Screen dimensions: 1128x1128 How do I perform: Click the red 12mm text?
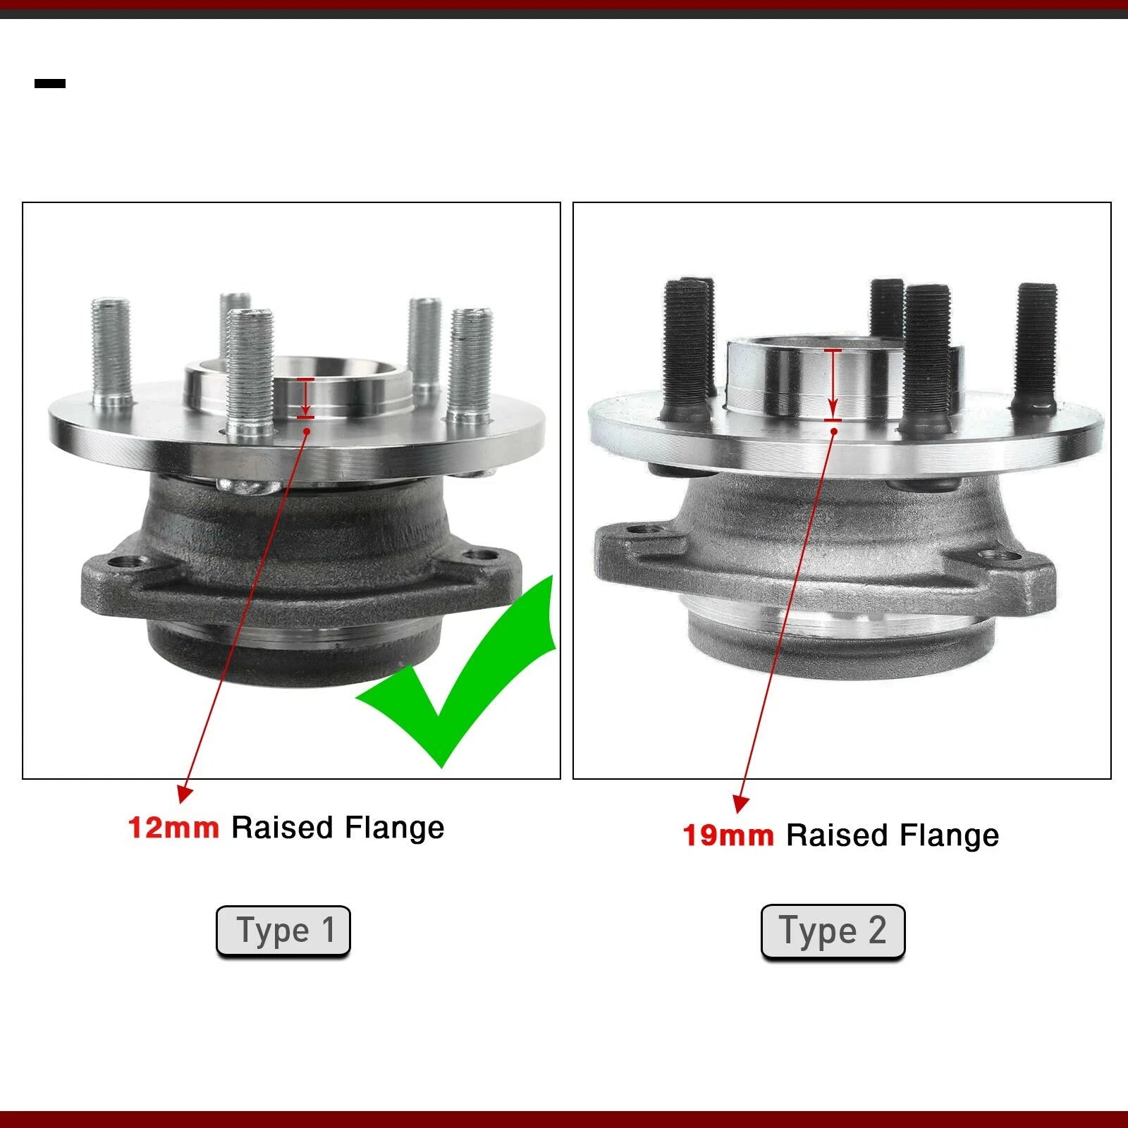[x=173, y=827]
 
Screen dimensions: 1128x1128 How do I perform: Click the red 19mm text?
[x=728, y=835]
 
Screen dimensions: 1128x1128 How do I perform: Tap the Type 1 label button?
[x=283, y=931]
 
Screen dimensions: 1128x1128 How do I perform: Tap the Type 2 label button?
[x=833, y=931]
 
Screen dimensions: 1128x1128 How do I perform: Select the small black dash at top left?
[x=50, y=83]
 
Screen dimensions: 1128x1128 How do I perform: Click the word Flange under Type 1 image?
[x=395, y=828]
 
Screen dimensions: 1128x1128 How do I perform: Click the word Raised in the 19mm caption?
[x=837, y=835]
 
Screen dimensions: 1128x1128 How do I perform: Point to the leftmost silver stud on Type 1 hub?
[x=111, y=352]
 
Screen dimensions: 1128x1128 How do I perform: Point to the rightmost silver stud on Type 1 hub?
[x=470, y=367]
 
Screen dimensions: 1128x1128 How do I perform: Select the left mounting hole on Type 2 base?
[x=639, y=529]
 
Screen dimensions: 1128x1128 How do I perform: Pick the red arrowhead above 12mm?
[x=184, y=793]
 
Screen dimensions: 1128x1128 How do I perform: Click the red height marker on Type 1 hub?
[x=305, y=398]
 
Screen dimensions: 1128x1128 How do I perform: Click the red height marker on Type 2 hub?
[x=833, y=385]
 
